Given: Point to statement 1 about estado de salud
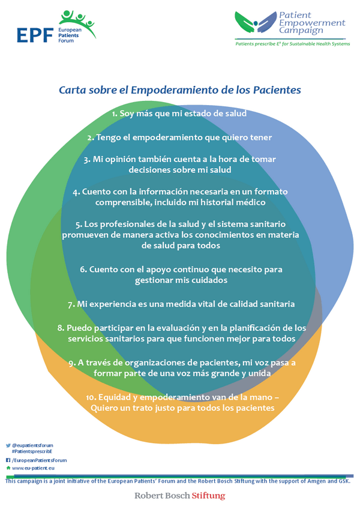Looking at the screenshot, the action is [x=179, y=113].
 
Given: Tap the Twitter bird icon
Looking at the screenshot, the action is [x=8, y=445].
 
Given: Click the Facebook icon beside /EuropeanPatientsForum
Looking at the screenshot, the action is [x=8, y=460].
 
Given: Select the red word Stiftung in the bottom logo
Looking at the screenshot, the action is [x=208, y=496].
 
